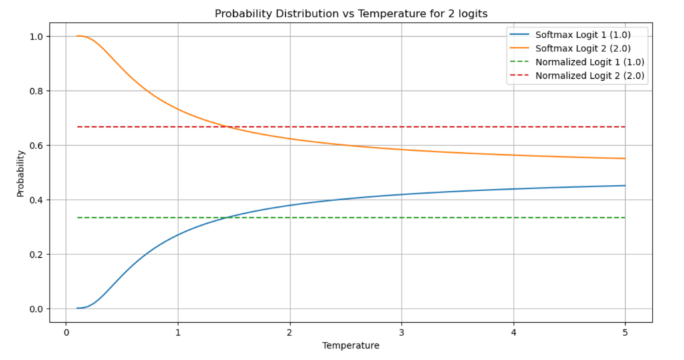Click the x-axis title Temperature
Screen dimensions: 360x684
click(x=351, y=345)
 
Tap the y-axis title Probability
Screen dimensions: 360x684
click(x=21, y=173)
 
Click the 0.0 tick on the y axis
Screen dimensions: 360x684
click(x=36, y=309)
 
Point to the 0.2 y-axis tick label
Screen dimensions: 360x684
click(x=36, y=254)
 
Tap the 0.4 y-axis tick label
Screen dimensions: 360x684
click(x=36, y=200)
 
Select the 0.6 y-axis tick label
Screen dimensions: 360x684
click(x=36, y=146)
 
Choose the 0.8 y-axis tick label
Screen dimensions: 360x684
click(x=36, y=91)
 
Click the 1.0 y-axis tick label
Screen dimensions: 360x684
click(x=36, y=36)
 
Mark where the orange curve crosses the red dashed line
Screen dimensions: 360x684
click(x=228, y=126)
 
